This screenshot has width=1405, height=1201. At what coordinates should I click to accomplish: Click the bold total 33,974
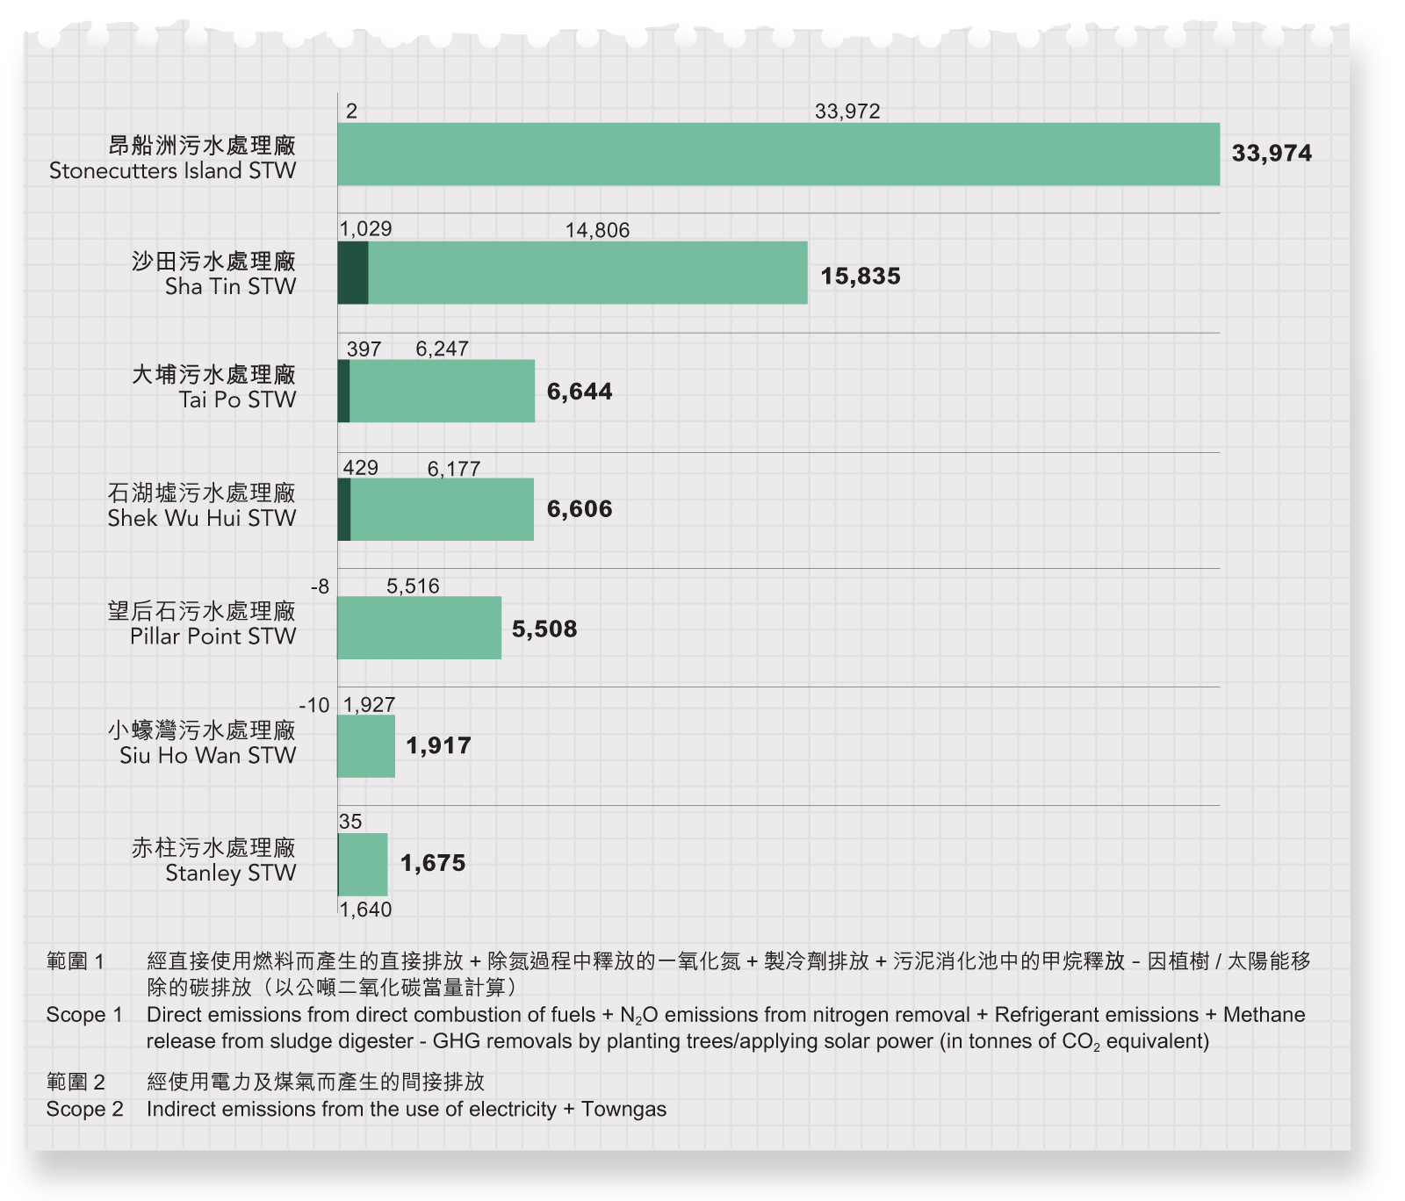(x=1271, y=154)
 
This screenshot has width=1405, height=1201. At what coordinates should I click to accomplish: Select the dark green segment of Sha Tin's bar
(x=353, y=273)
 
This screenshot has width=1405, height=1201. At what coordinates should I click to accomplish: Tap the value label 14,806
(x=597, y=230)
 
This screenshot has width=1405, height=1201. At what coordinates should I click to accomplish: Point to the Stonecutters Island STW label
(x=173, y=170)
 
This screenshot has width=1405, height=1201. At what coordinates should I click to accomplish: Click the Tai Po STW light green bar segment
(x=442, y=391)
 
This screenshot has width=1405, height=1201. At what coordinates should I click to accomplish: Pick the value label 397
(x=364, y=349)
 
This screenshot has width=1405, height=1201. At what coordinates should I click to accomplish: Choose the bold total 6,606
(x=579, y=509)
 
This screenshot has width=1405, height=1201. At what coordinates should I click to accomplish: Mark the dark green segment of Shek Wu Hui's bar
(x=344, y=509)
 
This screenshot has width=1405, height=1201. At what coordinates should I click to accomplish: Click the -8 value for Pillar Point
(x=321, y=586)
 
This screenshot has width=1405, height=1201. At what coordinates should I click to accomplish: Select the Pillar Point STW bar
(x=420, y=628)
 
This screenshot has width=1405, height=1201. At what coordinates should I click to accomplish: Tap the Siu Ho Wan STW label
(x=208, y=755)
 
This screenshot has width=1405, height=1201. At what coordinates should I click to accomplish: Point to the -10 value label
(x=314, y=705)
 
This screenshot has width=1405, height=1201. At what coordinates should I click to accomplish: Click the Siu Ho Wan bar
(x=366, y=746)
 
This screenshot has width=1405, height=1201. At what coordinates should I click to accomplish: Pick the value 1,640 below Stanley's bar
(x=365, y=910)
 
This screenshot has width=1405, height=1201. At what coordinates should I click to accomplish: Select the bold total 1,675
(x=433, y=863)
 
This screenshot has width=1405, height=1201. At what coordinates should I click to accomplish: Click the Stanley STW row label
(x=230, y=873)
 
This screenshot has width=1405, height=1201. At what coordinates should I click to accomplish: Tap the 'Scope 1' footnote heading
(x=84, y=1015)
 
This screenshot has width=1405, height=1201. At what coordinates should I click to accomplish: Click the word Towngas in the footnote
(x=623, y=1109)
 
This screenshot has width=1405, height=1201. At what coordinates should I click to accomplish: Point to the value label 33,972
(x=847, y=111)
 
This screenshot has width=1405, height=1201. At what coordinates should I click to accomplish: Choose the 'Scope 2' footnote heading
(x=84, y=1109)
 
